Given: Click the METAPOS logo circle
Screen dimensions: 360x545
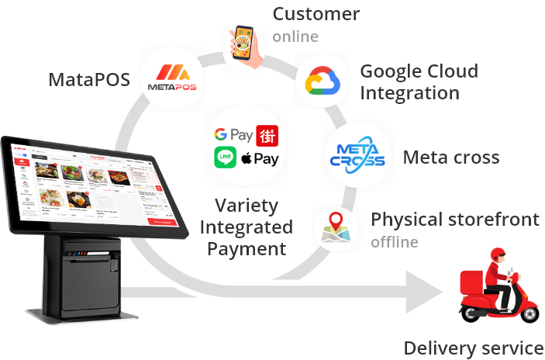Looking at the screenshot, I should pos(173,78).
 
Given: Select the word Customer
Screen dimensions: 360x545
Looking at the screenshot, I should pos(316,14).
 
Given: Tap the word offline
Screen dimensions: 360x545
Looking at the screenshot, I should pos(395,242).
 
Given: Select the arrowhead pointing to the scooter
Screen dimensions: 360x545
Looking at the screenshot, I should pos(423,293).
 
